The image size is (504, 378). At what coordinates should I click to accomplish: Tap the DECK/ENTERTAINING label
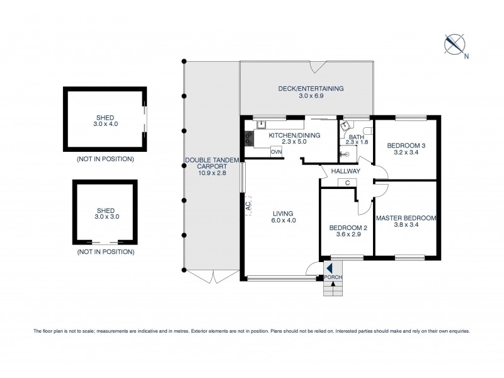(311, 89)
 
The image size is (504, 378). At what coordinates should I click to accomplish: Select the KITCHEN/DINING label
(295, 135)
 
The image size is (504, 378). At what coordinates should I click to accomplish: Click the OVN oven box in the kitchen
(276, 152)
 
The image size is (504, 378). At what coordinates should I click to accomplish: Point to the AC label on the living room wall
(248, 204)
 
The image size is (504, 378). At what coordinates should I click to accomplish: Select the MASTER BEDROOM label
(406, 218)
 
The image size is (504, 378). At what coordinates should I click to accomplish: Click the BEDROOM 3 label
(405, 146)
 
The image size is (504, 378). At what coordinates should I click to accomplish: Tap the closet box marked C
(348, 183)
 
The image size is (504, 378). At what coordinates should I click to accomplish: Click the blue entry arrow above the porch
(329, 268)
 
